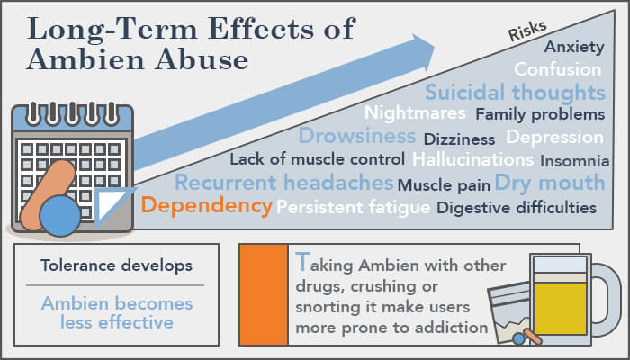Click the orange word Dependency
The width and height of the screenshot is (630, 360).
pos(207,206)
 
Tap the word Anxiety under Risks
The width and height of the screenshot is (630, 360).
pos(574,48)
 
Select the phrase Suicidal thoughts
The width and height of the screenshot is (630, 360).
pos(515,93)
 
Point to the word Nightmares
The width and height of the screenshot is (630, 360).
pos(415,113)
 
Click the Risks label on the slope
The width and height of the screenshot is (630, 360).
pos(527,31)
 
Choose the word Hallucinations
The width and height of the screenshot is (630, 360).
pos(472,159)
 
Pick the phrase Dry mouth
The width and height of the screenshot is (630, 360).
pos(550,183)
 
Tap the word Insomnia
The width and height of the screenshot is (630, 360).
pos(575,161)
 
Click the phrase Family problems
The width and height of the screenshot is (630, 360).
pos(540,114)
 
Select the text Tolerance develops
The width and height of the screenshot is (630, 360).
pos(116,265)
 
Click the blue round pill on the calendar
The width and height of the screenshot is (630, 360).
pos(60,216)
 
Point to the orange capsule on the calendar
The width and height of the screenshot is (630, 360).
pos(48,195)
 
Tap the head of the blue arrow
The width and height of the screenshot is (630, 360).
pos(423,52)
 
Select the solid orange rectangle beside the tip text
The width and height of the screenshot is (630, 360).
pos(264,294)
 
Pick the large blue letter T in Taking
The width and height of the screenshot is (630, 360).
pos(302,262)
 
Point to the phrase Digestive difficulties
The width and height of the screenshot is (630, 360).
pos(517,208)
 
